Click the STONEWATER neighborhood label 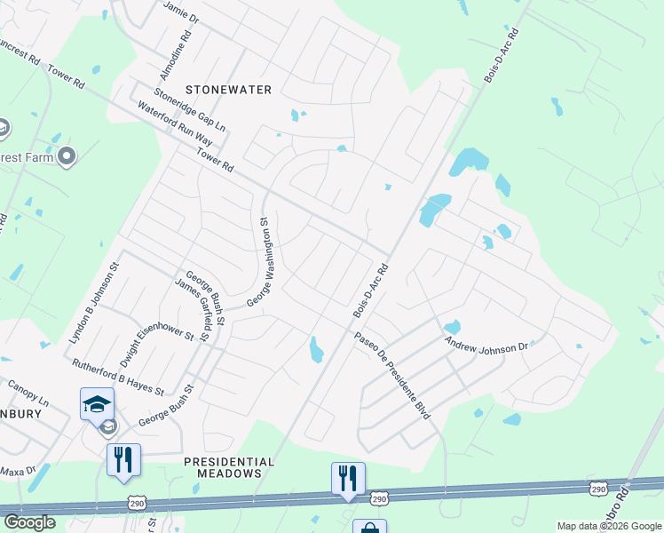(228, 89)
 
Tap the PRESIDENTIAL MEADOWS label (228, 467)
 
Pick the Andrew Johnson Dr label (486, 345)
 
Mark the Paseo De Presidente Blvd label (399, 377)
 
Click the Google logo (28, 522)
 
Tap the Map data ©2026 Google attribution (608, 526)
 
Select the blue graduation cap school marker (97, 404)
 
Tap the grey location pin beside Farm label (67, 157)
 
